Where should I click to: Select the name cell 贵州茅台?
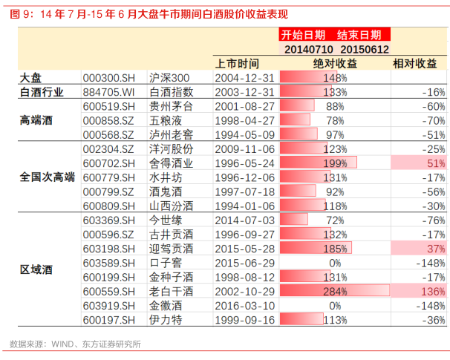(172, 106)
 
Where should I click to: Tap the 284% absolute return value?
(335, 291)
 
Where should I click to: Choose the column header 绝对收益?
(334, 63)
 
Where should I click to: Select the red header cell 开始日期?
(303, 35)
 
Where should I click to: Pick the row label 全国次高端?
(48, 177)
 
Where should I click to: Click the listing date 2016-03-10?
(244, 305)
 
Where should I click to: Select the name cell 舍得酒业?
(172, 163)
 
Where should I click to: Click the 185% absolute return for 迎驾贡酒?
(335, 248)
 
